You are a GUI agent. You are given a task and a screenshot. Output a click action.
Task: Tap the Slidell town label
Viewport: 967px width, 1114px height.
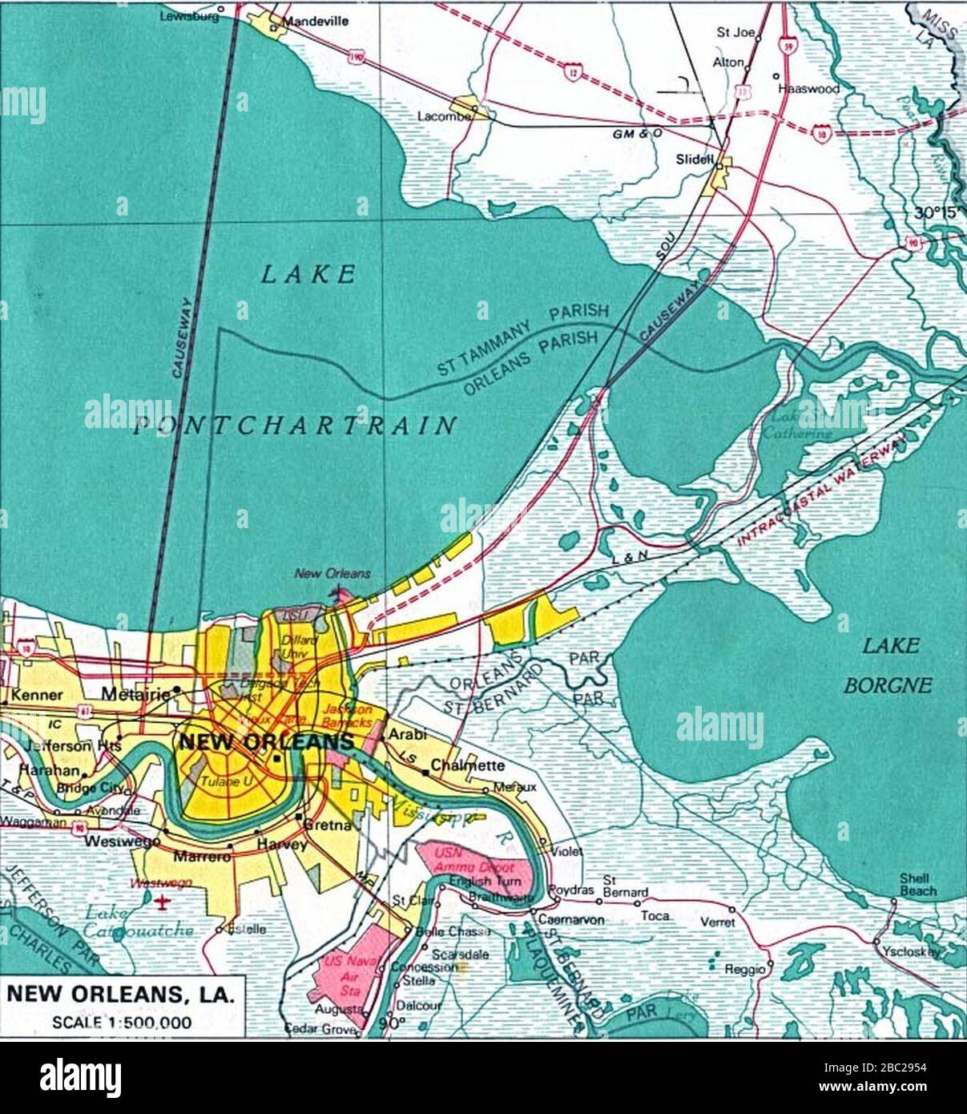click(694, 159)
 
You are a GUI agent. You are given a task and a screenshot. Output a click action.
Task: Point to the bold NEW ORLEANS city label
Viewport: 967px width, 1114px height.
click(266, 741)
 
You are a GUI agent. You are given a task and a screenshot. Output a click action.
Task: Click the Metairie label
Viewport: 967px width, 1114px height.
click(137, 694)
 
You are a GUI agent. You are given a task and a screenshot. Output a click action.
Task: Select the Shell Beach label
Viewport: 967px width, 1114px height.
click(917, 884)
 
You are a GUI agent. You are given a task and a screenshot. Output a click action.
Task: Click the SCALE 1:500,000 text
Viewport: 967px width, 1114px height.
click(122, 1022)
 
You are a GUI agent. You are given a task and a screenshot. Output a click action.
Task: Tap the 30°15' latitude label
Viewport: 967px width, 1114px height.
click(937, 213)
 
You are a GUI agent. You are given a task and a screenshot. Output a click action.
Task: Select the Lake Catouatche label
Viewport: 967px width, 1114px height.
click(139, 922)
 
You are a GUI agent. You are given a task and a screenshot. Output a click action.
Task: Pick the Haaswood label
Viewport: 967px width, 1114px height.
click(809, 89)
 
